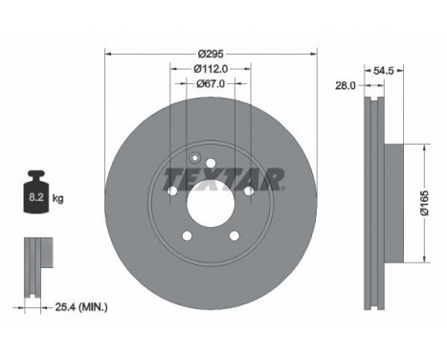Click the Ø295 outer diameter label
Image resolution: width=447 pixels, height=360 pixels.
click(x=211, y=53)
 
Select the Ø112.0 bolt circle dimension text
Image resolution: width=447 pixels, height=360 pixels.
click(x=211, y=68)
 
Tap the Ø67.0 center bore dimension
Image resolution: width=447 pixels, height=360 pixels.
click(x=211, y=83)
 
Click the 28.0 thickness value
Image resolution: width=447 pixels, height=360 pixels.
click(x=346, y=85)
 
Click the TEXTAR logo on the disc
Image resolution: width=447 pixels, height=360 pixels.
click(x=224, y=177)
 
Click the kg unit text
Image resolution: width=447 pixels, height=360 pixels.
click(x=57, y=198)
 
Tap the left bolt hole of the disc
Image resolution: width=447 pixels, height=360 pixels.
click(x=172, y=192)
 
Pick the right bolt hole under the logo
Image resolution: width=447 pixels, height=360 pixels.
click(x=249, y=192)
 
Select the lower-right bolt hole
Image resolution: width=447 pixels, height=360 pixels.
click(x=235, y=237)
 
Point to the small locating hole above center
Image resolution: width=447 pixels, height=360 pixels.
click(x=193, y=160)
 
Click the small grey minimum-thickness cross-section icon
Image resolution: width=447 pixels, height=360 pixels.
click(x=36, y=259)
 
